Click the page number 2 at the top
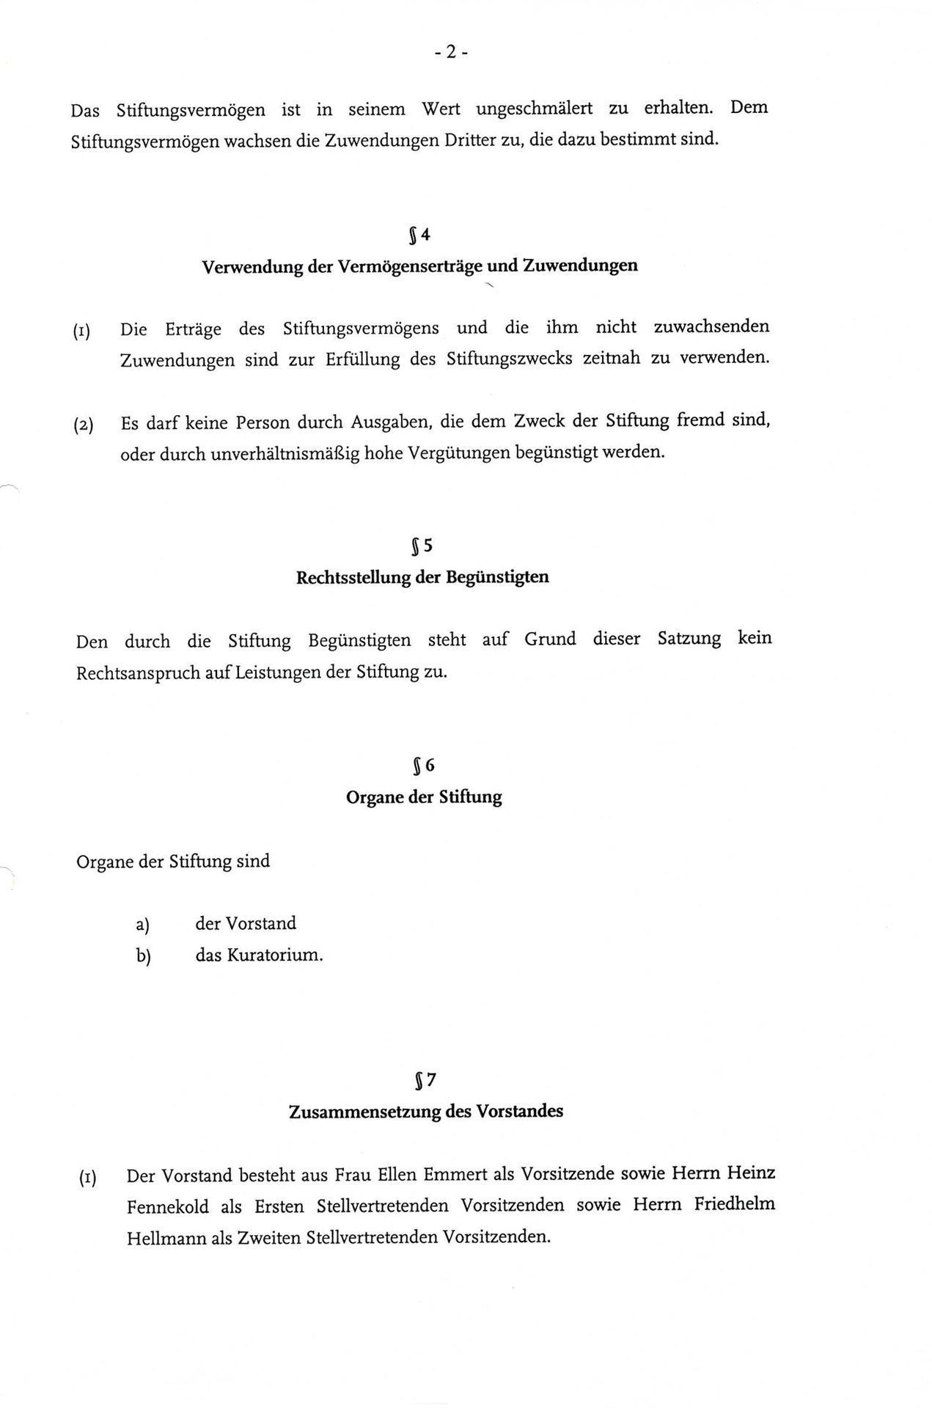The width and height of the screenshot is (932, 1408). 451,51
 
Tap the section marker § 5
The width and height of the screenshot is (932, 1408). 422,546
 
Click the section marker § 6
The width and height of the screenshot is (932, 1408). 423,766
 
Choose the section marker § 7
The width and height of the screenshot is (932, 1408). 425,1079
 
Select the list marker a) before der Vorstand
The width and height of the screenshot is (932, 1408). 142,925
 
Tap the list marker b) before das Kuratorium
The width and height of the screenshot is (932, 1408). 143,957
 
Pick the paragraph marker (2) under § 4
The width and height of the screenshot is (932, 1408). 84,425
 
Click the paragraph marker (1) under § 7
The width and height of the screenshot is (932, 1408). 88,1179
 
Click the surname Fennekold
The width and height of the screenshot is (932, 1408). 168,1207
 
